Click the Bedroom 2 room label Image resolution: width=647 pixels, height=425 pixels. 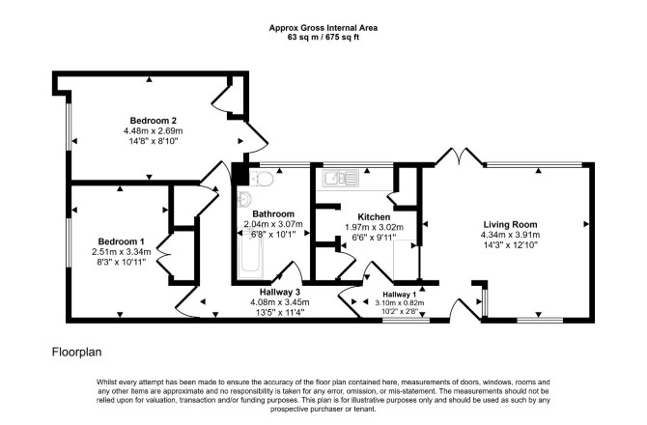tap(154, 121)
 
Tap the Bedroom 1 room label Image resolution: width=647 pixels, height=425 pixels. tap(121, 241)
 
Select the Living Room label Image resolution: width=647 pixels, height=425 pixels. tap(511, 225)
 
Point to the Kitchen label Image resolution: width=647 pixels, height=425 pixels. tap(374, 217)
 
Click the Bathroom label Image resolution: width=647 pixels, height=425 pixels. tap(273, 213)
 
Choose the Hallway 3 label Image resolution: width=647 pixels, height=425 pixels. tap(280, 292)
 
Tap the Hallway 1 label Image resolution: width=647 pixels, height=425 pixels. tap(400, 295)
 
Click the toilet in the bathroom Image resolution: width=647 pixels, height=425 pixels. tap(262, 179)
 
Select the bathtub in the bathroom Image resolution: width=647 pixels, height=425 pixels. tap(250, 255)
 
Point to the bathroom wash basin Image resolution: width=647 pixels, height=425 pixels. tap(244, 199)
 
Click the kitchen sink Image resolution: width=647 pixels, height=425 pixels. tap(341, 178)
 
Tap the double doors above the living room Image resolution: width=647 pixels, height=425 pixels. tap(459, 156)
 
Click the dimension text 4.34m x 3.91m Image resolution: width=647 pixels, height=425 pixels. tap(510, 235)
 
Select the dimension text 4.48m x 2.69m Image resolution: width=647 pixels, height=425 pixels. tap(154, 130)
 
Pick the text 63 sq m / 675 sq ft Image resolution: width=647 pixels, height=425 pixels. tap(323, 37)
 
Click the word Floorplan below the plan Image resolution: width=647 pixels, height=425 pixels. tap(76, 352)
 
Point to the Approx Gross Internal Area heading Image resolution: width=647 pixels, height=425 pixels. tap(323, 28)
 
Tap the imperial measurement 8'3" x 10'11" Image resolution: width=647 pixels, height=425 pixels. tap(121, 262)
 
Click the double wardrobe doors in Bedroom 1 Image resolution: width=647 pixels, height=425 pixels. tap(163, 255)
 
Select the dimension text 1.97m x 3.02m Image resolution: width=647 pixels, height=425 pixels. tap(374, 227)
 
